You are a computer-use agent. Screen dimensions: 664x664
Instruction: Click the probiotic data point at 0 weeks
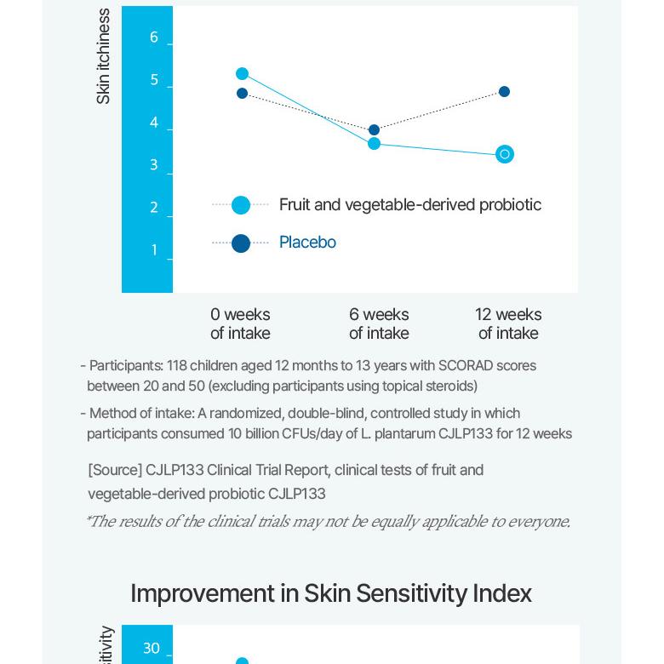[x=242, y=74]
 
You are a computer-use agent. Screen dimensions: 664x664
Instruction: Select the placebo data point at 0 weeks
[x=242, y=94]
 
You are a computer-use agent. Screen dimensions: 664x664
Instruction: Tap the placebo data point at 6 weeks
[x=374, y=130]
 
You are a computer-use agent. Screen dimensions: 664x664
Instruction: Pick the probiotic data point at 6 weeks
[x=374, y=144]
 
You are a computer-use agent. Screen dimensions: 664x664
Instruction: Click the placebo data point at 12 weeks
[x=504, y=92]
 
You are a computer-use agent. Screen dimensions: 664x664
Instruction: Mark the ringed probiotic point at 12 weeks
[x=505, y=154]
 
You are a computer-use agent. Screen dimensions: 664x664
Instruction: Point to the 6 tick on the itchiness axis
[x=154, y=37]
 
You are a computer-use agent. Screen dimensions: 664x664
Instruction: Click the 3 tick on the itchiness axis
[x=154, y=165]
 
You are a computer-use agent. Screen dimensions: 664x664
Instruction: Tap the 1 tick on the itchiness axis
[x=154, y=250]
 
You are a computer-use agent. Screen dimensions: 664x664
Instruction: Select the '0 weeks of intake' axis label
[x=240, y=323]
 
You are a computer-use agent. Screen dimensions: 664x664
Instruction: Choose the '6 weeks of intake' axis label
[x=379, y=323]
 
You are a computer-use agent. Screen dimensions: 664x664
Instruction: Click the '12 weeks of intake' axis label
[x=508, y=323]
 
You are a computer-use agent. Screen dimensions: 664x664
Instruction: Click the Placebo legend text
[x=307, y=243]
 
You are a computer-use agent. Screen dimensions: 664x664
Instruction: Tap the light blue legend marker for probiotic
[x=241, y=205]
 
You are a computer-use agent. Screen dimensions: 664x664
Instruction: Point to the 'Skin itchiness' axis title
[x=103, y=56]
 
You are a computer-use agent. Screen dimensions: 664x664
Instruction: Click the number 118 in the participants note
[x=176, y=366]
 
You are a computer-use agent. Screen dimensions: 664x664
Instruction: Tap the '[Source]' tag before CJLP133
[x=115, y=470]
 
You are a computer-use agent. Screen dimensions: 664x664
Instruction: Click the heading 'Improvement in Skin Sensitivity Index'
[x=331, y=593]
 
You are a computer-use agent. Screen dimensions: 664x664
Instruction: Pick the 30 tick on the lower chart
[x=152, y=649]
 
